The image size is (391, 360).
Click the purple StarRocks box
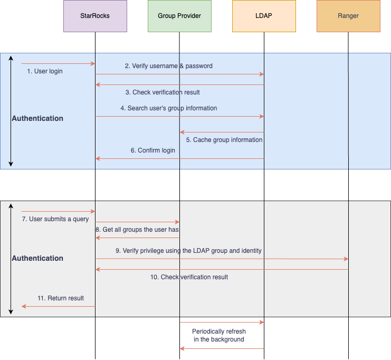95,16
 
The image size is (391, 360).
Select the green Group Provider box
179,16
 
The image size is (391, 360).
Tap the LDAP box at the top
264,16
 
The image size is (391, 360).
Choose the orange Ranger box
348,16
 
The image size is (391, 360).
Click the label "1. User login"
45,71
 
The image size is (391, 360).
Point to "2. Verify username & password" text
168,66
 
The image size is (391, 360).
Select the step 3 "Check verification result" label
163,92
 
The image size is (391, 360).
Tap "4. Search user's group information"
168,108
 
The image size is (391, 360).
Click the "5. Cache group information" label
224,140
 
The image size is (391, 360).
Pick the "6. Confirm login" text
153,150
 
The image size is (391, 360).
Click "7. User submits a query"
55,219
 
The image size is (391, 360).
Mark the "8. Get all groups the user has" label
138,230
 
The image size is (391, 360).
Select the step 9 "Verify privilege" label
188,251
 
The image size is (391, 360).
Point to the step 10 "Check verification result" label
189,277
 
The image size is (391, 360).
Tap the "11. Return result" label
61,298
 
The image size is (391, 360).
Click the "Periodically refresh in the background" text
218,335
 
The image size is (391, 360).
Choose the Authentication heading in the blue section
37,119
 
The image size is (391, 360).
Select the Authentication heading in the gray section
37,259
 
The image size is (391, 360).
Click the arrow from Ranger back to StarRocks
222,269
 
